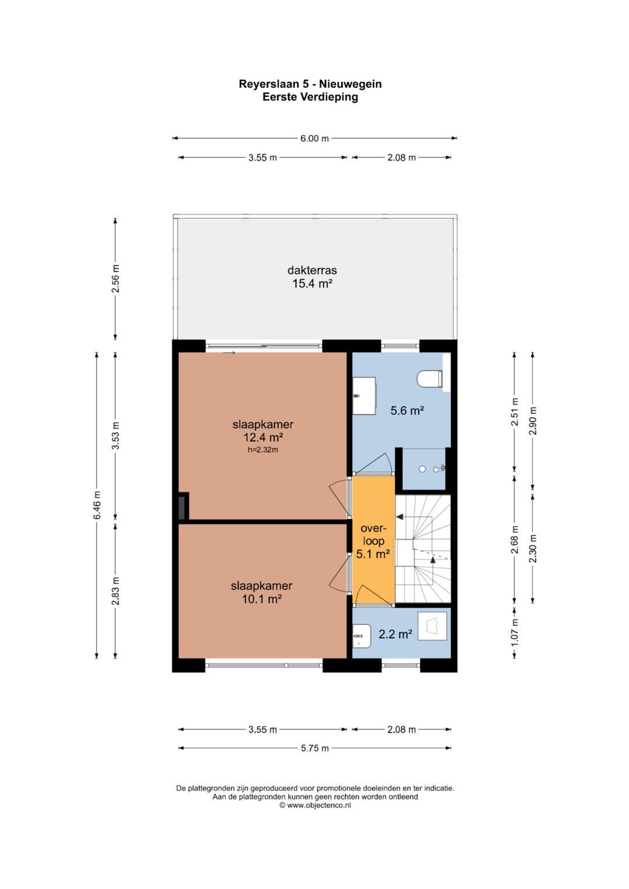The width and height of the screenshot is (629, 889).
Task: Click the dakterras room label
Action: point(312,270)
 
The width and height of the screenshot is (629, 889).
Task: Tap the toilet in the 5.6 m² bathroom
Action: point(430,378)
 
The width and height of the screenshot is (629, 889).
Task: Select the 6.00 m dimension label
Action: point(314,139)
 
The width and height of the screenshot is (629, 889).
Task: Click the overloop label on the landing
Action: point(373,534)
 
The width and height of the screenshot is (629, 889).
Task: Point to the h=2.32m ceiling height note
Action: point(263,450)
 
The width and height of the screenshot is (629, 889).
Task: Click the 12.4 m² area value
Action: point(263,437)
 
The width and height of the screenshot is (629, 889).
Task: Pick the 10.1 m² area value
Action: point(262,599)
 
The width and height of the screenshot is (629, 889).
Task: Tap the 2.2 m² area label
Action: point(395,634)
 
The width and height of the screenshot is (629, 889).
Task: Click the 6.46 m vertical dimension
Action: point(97,505)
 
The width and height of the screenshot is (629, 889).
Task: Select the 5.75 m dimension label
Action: point(314,749)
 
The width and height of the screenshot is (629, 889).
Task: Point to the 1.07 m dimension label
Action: point(515,633)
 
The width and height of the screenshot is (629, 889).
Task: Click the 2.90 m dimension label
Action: point(533,421)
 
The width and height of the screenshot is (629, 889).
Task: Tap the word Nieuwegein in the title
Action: point(351,84)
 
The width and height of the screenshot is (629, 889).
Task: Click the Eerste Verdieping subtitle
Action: point(310,97)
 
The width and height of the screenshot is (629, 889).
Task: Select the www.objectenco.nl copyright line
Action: point(315,805)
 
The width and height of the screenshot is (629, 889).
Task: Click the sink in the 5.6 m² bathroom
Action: point(364,396)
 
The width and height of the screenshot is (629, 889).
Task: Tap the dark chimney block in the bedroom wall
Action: point(183,506)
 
